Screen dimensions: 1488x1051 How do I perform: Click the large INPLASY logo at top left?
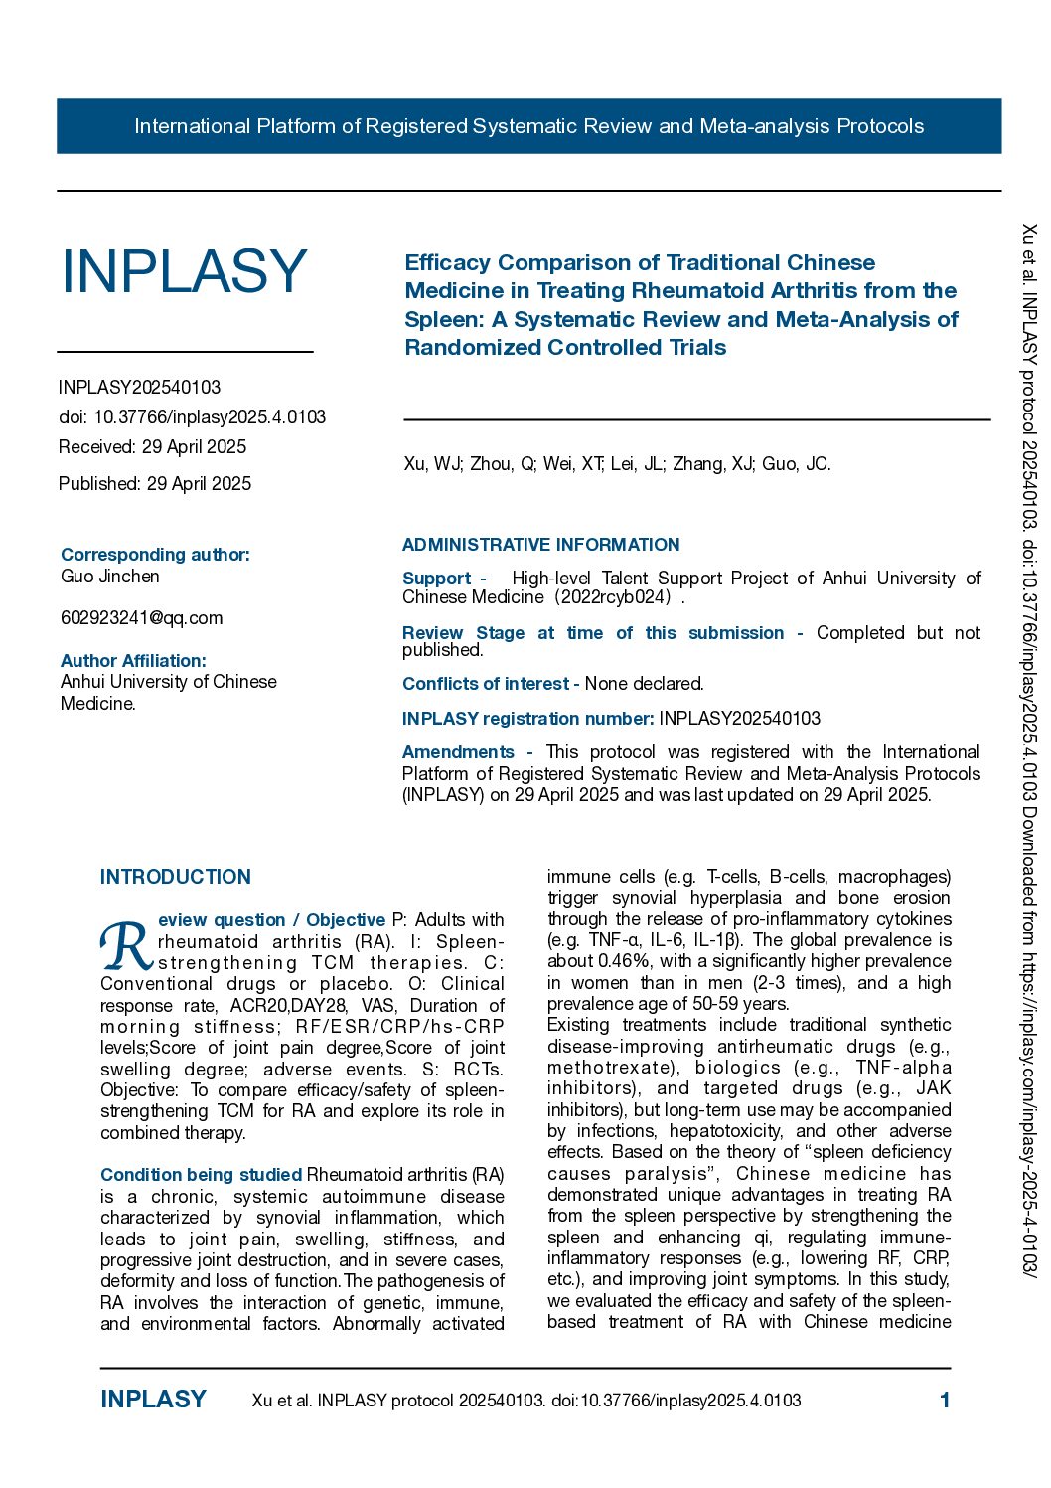tap(184, 271)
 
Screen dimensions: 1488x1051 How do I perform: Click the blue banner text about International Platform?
tap(528, 126)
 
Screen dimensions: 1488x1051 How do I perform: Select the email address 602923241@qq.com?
tap(141, 618)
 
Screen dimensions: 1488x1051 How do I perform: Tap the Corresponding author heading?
tap(155, 555)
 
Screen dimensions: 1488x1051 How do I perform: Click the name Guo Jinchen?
tap(109, 577)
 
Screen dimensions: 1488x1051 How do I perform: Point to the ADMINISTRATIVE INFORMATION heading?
tap(540, 545)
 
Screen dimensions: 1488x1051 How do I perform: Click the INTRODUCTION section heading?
tap(176, 877)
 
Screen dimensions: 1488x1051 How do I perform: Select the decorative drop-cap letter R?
tap(126, 946)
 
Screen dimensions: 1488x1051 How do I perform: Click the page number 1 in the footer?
tap(945, 1401)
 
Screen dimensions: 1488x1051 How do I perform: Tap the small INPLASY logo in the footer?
tap(153, 1400)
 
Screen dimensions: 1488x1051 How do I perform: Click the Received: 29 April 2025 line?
tap(152, 447)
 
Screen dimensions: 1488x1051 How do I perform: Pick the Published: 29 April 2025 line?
tap(155, 484)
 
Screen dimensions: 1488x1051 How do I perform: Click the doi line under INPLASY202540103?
tap(192, 417)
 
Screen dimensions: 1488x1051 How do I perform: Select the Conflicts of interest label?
tap(486, 684)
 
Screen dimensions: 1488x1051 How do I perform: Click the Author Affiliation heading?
tap(133, 661)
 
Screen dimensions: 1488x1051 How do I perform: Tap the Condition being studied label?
tap(201, 1175)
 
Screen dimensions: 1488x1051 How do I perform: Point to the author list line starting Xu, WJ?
tap(617, 464)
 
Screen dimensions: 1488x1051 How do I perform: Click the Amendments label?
tap(458, 752)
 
